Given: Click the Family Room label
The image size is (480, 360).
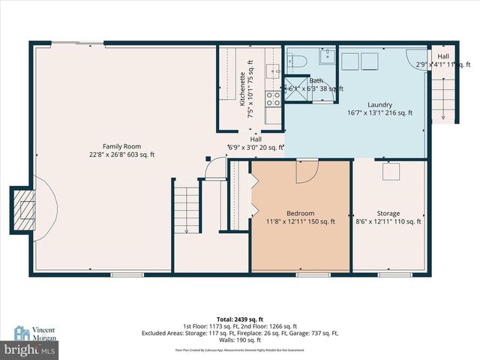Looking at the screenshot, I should tap(122, 146).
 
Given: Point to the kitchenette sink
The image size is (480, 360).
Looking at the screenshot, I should tap(275, 72).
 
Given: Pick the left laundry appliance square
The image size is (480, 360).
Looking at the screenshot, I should tap(351, 61).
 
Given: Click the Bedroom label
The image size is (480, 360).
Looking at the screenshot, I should tap(300, 213).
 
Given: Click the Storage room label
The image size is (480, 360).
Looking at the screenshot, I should tap(388, 213).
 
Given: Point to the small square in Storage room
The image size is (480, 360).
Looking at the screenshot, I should tap(390, 172).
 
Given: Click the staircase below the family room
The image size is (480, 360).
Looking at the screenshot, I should tap(185, 210).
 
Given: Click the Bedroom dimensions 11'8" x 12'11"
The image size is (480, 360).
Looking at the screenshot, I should tap(300, 221).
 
